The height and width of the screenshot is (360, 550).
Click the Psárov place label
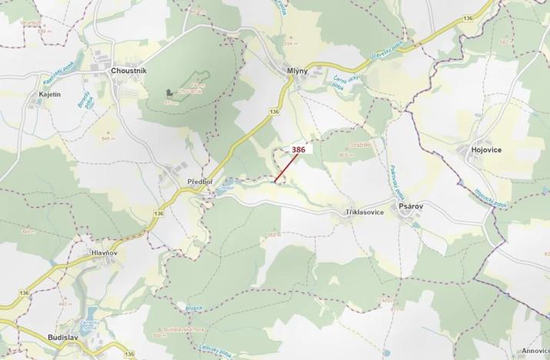tap(411, 208)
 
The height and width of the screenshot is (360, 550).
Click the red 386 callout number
tap(298, 150)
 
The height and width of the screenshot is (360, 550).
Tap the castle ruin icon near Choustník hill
tap(169, 94)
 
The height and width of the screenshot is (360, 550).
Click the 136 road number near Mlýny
tap(275, 112)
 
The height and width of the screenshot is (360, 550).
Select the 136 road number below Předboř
tap(159, 213)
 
